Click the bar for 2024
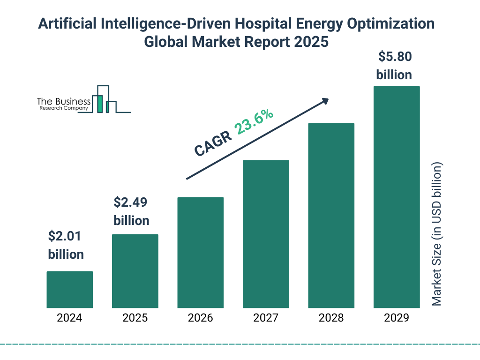69,289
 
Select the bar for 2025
135,271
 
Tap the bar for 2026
200,252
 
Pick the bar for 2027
266,234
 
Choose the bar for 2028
331,216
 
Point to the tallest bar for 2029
397,197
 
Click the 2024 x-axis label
69,318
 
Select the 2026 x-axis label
200,318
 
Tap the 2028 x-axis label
331,318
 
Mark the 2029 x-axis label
397,318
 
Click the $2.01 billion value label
66,245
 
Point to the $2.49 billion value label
131,211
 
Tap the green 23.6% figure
254,122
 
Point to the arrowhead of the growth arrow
325,101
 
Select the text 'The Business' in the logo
64,101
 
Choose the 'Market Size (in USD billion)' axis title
437,234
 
